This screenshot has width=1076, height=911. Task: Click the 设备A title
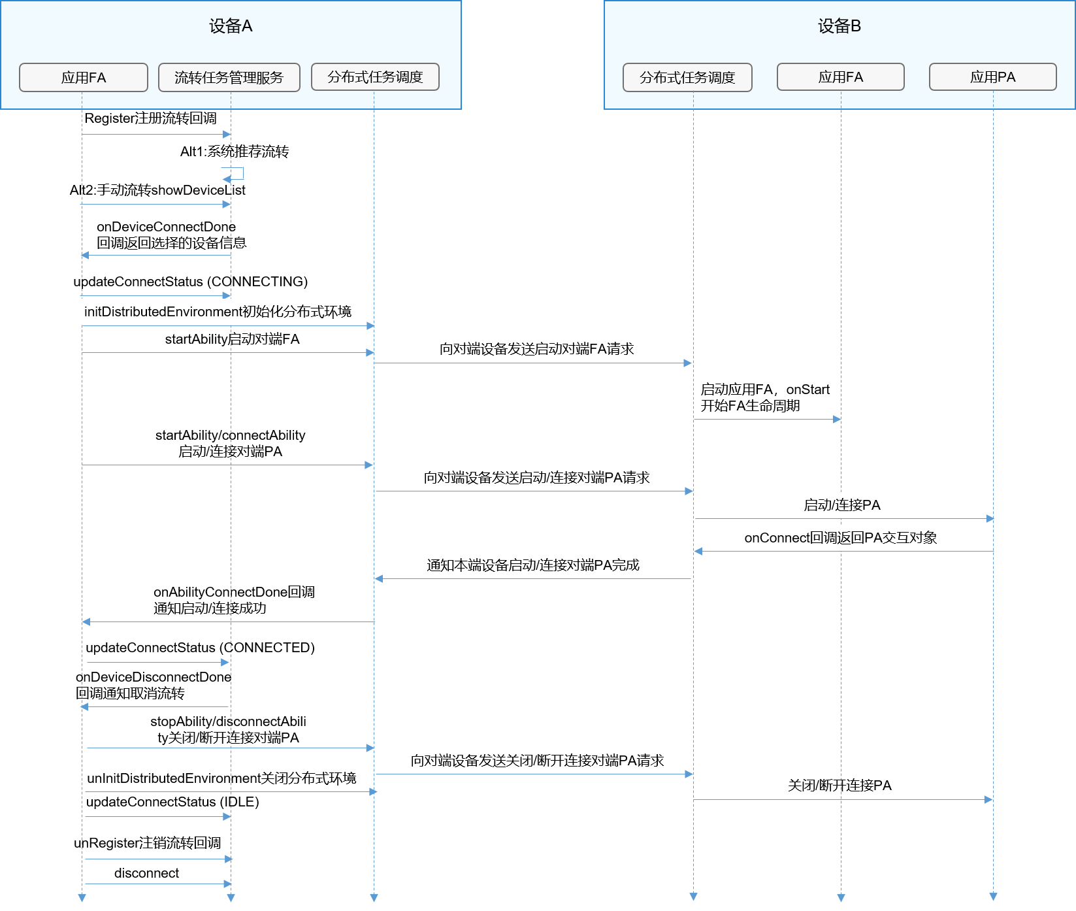coord(231,26)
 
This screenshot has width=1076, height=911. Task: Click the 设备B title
coord(840,26)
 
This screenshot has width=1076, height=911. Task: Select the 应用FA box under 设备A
coord(84,78)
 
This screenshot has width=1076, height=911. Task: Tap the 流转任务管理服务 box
coord(229,78)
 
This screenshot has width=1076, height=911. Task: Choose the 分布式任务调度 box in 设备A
coord(375,77)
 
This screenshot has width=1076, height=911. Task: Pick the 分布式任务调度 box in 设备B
coord(687,78)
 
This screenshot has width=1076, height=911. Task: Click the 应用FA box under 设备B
coord(841,77)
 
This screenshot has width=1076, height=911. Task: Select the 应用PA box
coord(992,77)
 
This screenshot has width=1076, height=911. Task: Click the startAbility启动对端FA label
coord(232,339)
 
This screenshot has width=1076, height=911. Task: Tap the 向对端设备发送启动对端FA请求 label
coord(536,349)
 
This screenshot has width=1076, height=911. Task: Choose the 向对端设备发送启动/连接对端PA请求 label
coord(536,478)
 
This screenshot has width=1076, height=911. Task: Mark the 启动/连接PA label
coord(841,505)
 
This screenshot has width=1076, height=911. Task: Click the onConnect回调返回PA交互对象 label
coord(840,538)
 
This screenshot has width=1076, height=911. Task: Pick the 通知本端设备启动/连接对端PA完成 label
coord(532,565)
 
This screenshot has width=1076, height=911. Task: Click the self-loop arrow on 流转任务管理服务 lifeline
coord(238,173)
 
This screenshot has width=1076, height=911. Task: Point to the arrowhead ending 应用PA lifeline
coord(993,897)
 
